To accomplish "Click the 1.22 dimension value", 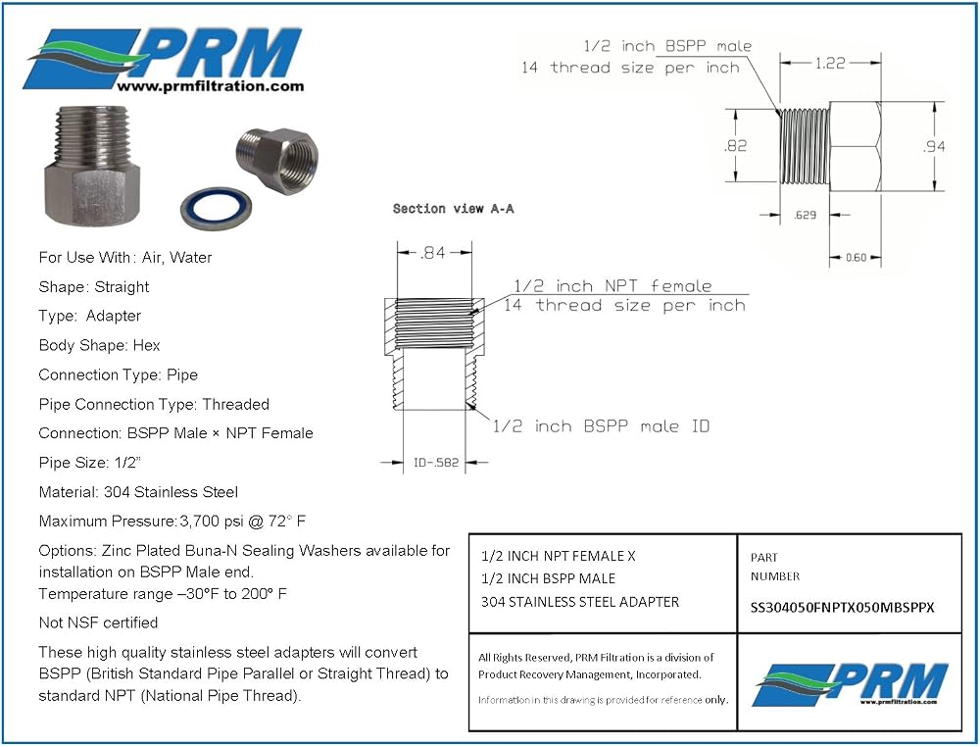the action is click(x=830, y=63).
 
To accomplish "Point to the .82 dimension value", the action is click(x=735, y=146).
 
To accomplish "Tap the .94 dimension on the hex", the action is click(x=934, y=146).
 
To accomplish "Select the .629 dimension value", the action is click(x=805, y=215).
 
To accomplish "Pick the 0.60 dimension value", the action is click(x=856, y=258).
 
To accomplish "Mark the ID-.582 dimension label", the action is click(x=436, y=463).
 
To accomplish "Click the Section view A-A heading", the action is click(x=453, y=209).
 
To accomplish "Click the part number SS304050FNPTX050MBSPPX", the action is click(x=842, y=608).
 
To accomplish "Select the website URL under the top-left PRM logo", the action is click(x=211, y=86).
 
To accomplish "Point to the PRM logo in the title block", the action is click(x=852, y=683).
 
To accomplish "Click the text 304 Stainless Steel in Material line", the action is click(x=171, y=492).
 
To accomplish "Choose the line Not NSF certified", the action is click(x=98, y=622).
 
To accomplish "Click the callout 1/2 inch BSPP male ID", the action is click(x=601, y=426).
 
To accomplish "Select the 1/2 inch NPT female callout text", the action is click(x=612, y=285).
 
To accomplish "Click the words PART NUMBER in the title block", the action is click(x=775, y=567).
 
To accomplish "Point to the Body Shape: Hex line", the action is click(x=99, y=346).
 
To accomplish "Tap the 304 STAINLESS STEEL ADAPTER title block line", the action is click(x=580, y=602).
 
